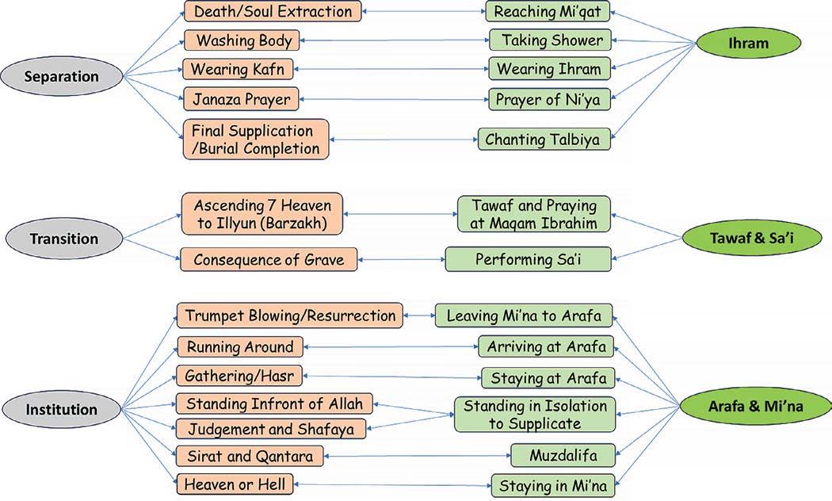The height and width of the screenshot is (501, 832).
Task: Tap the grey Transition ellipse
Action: click(x=63, y=239)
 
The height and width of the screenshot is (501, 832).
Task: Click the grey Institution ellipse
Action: click(x=61, y=410)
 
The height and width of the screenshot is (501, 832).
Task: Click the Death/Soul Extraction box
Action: click(x=273, y=12)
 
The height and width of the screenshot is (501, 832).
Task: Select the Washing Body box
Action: click(x=243, y=40)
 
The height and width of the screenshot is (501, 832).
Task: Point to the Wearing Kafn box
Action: click(x=237, y=69)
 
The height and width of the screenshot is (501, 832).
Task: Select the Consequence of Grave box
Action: click(x=268, y=259)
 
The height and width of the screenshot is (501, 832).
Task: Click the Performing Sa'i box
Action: click(x=529, y=259)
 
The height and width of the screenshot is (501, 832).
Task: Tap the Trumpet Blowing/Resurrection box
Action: click(x=289, y=316)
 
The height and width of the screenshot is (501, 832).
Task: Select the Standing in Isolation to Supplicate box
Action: click(x=535, y=415)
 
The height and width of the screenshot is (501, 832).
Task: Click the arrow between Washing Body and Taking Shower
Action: click(x=395, y=40)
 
